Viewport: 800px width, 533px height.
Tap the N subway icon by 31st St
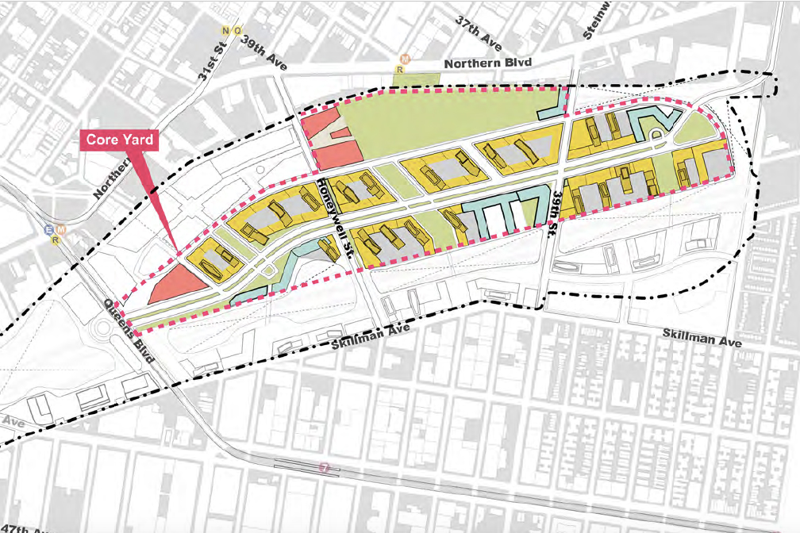point(225,31)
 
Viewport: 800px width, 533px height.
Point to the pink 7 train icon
point(323,467)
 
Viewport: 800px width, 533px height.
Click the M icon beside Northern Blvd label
point(405,58)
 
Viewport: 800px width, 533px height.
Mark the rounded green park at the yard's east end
point(698,126)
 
